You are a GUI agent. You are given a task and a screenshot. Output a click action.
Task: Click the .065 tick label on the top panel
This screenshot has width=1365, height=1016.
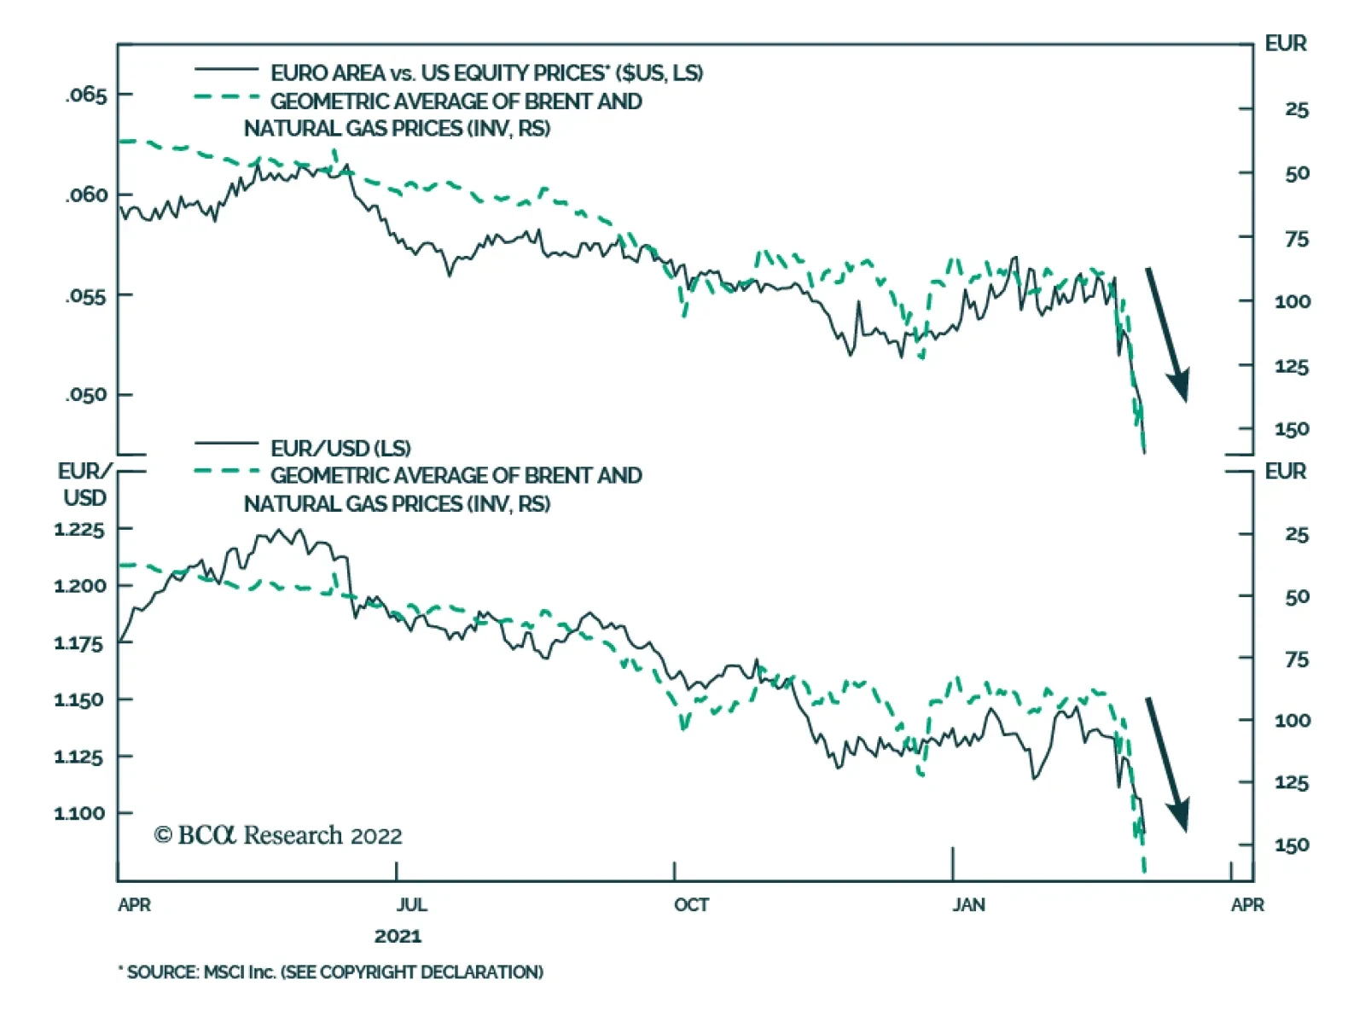coord(86,95)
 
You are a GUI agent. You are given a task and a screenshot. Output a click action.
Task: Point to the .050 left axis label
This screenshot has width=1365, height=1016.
coord(86,395)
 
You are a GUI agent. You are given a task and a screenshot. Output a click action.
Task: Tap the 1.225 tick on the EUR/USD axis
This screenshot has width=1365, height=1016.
coord(78,530)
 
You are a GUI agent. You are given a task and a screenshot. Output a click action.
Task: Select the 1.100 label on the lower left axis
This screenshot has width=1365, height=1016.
coord(78,813)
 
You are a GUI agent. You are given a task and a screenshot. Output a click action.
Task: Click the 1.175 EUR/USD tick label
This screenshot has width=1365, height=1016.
coord(78,643)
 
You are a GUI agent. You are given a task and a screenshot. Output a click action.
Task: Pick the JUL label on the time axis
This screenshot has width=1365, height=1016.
coord(411,904)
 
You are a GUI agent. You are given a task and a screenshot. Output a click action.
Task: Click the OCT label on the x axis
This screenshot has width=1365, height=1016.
coord(691,904)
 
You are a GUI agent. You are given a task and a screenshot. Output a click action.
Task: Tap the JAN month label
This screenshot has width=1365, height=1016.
coord(968,904)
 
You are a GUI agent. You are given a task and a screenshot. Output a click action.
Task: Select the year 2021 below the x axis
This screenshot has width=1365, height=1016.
coord(398,936)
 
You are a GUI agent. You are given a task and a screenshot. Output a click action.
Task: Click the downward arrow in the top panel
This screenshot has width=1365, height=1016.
coord(1166,334)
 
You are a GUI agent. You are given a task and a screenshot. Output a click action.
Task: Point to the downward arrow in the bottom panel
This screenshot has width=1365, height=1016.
coord(1166,763)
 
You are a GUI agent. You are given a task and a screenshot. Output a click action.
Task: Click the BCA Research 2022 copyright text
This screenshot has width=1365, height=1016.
coord(278,835)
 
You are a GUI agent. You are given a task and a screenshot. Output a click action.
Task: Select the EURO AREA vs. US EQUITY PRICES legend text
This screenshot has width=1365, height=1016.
coord(486,73)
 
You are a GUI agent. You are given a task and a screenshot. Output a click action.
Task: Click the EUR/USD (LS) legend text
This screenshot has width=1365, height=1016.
coord(340,448)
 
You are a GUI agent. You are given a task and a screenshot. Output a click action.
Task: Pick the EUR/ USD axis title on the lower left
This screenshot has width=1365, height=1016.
coord(84,485)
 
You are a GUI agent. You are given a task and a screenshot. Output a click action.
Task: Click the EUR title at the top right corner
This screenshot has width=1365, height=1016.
coord(1285,44)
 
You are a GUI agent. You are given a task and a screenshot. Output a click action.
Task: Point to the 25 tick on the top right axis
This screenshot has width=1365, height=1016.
coord(1296,109)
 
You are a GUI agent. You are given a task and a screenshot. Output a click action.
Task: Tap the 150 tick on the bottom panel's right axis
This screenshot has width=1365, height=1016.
coord(1292,845)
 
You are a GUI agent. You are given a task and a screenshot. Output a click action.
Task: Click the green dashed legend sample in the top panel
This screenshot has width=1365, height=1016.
coord(226,97)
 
